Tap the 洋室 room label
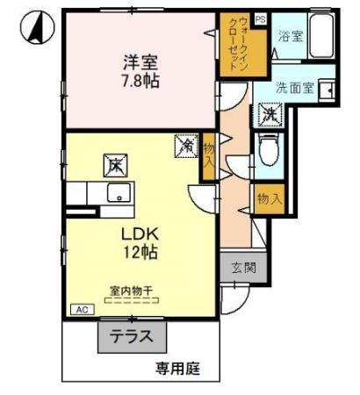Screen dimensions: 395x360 click(138, 62)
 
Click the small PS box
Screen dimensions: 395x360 click(259, 18)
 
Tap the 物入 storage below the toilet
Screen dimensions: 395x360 click(269, 199)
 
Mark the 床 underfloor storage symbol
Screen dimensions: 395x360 click(116, 164)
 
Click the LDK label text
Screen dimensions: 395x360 click(139, 234)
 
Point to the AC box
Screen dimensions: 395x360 click(82, 310)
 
